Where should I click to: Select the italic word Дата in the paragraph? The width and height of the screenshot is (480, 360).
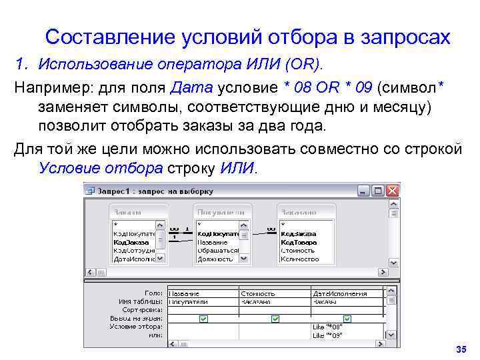[192, 87]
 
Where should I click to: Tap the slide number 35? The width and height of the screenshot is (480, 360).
[459, 350]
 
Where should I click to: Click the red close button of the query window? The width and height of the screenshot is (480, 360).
[393, 191]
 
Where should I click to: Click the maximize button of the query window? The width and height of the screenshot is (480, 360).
[379, 191]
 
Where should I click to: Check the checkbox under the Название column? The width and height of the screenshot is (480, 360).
[203, 319]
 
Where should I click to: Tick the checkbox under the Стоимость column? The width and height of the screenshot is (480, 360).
[275, 319]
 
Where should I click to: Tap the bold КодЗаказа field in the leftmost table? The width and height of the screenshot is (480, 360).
[131, 242]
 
